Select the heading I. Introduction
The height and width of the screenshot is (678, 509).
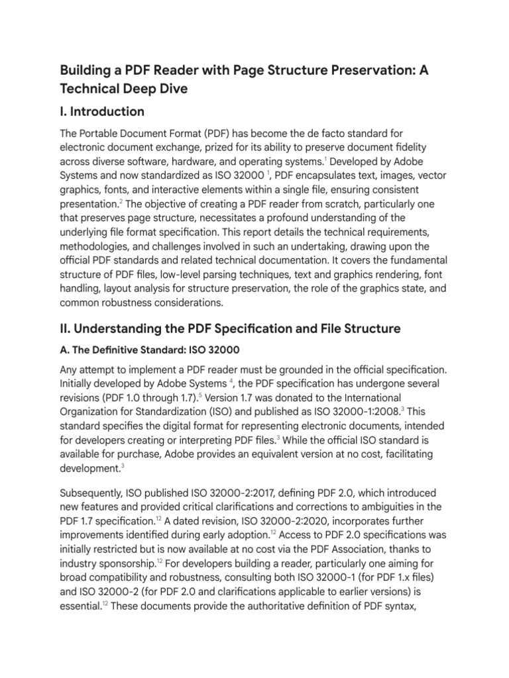(x=102, y=111)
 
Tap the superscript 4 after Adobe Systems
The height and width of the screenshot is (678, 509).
(x=231, y=381)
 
